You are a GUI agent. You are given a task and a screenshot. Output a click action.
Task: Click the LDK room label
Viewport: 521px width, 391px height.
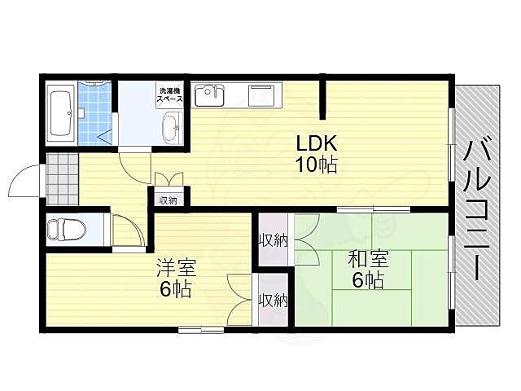[317, 143]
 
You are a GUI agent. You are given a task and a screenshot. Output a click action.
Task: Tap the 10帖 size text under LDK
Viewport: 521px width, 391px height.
[317, 165]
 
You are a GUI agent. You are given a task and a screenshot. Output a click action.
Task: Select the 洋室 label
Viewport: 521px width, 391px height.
[176, 267]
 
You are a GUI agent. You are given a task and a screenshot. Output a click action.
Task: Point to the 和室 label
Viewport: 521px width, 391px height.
[368, 259]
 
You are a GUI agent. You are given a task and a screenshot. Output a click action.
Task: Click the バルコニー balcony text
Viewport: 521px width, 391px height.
[477, 210]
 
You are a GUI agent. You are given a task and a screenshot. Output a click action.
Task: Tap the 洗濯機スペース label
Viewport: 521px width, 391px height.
[169, 94]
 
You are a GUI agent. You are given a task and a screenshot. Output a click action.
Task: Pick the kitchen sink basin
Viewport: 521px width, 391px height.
[210, 96]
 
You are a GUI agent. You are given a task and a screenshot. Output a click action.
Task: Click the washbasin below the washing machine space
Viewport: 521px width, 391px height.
[171, 129]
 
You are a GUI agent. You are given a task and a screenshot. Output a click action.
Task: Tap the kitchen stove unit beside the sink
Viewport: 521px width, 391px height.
[262, 96]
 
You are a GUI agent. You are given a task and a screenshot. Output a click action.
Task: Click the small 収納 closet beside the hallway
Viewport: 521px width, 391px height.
[169, 200]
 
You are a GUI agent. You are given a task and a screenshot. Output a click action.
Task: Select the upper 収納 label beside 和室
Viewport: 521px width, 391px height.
[274, 240]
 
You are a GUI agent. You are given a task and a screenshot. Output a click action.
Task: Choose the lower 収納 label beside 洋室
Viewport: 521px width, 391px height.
[274, 301]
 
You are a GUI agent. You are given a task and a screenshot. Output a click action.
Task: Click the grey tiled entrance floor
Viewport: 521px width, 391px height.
[62, 179]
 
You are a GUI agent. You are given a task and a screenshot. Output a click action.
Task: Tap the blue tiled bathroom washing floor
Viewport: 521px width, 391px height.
[94, 114]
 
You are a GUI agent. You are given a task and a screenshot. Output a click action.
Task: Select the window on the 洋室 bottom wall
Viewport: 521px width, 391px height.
[201, 330]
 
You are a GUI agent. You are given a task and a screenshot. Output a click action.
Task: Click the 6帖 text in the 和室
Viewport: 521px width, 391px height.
[368, 280]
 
